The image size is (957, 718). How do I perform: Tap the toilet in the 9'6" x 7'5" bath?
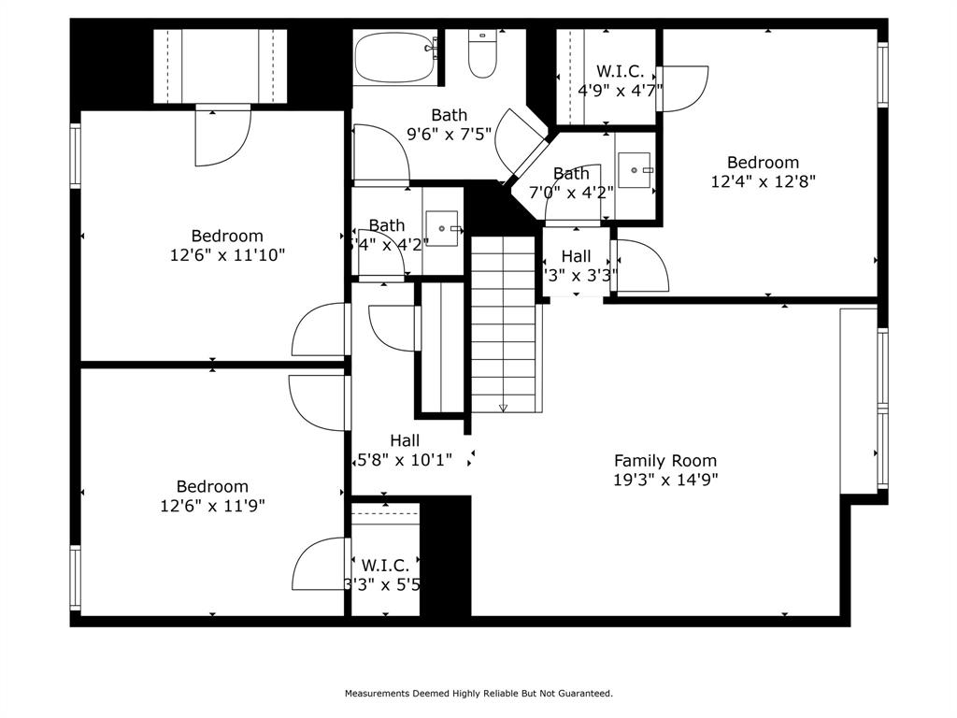pos(482,55)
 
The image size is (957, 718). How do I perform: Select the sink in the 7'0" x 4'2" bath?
pos(635,171)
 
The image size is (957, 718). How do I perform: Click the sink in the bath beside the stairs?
pos(441,228)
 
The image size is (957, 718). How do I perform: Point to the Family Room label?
pos(664,460)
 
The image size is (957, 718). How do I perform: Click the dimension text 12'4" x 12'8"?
pos(763,182)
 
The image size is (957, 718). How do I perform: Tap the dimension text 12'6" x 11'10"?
pos(227,255)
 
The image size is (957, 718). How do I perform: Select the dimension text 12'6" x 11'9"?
pos(212,506)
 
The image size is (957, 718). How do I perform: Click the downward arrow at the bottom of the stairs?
pos(504,408)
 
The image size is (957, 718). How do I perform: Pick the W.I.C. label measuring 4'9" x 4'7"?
pos(620,71)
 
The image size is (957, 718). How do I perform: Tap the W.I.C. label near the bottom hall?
pos(384,566)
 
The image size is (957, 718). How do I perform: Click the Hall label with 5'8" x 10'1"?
pos(404,440)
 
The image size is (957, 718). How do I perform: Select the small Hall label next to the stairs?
pos(576,256)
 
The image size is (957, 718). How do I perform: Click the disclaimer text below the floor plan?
pos(478,694)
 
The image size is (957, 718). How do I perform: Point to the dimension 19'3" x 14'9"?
pos(664,481)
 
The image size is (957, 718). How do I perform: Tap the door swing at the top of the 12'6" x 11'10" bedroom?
pos(222,136)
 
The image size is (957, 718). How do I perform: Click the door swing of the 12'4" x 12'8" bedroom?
pos(641,266)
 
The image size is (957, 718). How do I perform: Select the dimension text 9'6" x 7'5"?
pos(449,134)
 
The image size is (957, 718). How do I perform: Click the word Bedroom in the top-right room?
pos(763,163)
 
